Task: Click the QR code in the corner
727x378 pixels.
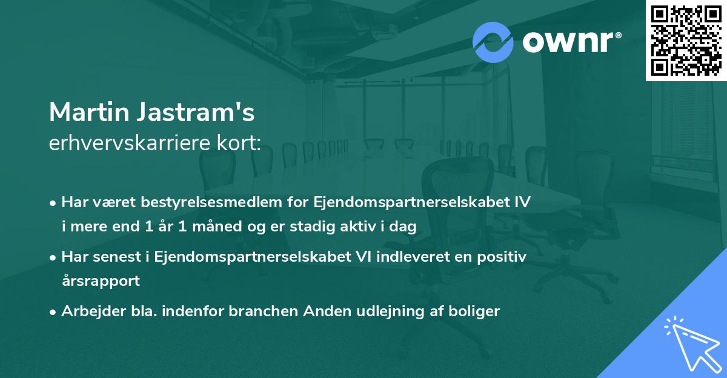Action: (x=686, y=41)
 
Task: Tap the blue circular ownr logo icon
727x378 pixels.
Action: (x=493, y=42)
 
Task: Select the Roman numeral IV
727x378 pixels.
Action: (x=522, y=202)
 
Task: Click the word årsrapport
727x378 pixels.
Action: (x=101, y=281)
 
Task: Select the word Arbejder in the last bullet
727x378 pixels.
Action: (x=86, y=311)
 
